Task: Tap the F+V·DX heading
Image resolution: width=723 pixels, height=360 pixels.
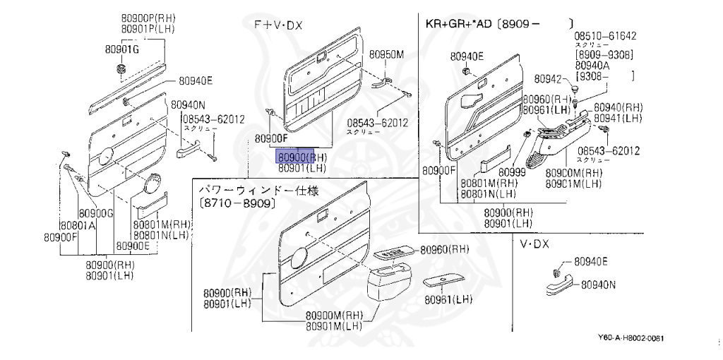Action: click(x=278, y=25)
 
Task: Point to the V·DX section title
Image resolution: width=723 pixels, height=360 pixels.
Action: click(x=534, y=244)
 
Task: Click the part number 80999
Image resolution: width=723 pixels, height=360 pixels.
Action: click(x=512, y=171)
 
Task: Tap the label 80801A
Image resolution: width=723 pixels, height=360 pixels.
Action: click(x=77, y=226)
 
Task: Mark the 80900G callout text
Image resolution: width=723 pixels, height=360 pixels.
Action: click(x=97, y=213)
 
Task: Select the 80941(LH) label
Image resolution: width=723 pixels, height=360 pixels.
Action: click(x=618, y=118)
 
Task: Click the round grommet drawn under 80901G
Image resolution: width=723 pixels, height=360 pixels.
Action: click(x=121, y=69)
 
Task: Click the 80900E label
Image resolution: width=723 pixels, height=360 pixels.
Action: click(x=133, y=246)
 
